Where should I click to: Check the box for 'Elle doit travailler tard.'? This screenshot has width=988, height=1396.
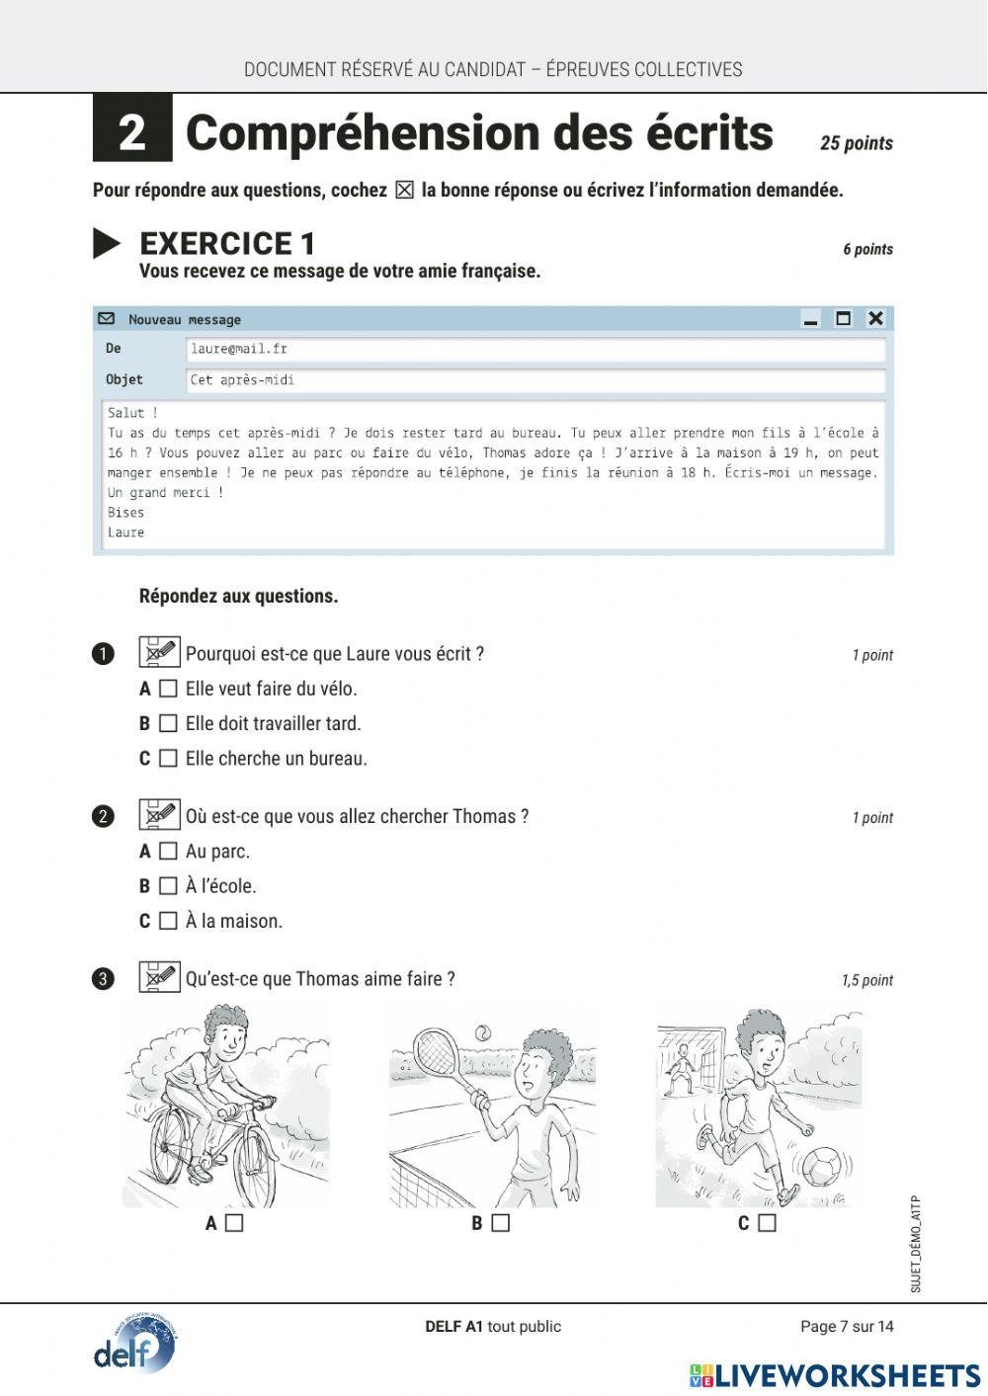[168, 724]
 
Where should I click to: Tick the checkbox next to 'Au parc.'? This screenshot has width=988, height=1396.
[168, 852]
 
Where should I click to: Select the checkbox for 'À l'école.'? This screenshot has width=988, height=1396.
[168, 886]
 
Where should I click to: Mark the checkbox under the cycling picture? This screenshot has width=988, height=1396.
[234, 1223]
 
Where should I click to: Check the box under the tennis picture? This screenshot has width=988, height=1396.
[501, 1223]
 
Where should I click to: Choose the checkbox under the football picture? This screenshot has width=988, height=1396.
[767, 1223]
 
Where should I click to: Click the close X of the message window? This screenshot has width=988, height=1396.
[875, 318]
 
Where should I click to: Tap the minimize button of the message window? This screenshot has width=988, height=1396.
[811, 319]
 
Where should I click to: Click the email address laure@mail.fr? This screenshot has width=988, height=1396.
[239, 349]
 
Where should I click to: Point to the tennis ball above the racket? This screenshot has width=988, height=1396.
[482, 1031]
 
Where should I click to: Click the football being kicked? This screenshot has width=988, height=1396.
[821, 1167]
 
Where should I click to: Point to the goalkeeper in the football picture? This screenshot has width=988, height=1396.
[681, 1070]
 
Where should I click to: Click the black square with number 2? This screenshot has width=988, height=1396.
[132, 128]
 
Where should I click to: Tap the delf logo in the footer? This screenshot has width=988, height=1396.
[134, 1346]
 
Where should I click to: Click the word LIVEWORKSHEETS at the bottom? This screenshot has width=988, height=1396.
[847, 1375]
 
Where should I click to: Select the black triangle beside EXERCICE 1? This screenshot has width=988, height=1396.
[107, 243]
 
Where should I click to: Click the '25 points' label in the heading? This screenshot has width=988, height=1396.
[856, 143]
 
